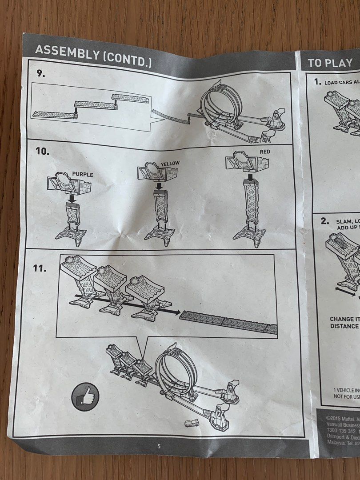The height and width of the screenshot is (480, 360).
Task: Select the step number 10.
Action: tap(43, 151)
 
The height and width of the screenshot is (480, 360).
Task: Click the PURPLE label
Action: tap(82, 175)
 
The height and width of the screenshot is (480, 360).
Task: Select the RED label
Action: tap(264, 152)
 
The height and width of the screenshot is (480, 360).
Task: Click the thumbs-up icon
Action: tap(85, 396)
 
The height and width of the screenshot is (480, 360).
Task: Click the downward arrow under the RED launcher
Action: tap(250, 178)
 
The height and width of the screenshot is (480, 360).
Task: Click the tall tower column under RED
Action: tap(250, 202)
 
